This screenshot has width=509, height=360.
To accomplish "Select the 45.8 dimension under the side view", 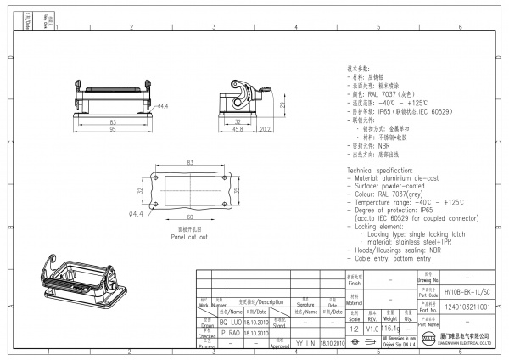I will pyautogui.click(x=238, y=129).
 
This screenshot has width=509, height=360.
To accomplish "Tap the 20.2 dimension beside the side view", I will pyautogui.click(x=265, y=129).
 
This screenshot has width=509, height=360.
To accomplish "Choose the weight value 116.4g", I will pyautogui.click(x=391, y=327).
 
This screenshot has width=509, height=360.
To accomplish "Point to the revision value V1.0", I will pyautogui.click(x=372, y=327).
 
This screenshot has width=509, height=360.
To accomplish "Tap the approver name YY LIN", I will pyautogui.click(x=305, y=343).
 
